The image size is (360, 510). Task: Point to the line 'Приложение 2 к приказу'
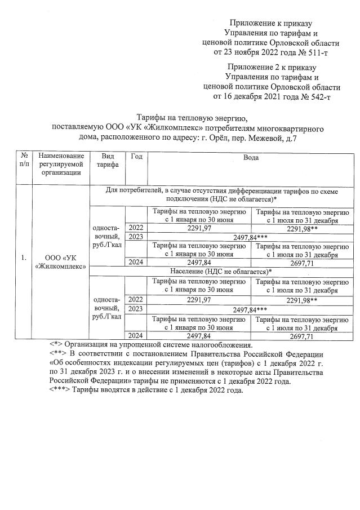[x=272, y=67]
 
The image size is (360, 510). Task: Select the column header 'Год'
[x=136, y=157]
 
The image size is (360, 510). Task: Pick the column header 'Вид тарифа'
[x=107, y=161]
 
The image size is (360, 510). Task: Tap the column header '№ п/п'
[x=24, y=161]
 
